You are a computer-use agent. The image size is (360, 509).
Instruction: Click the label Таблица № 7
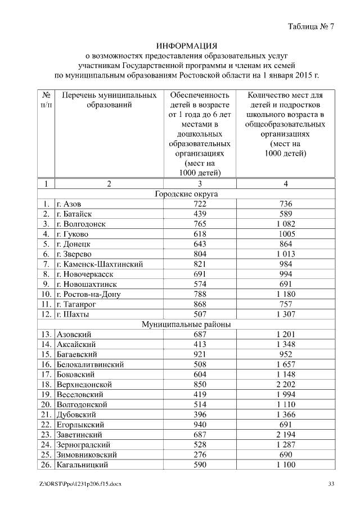(x=310, y=26)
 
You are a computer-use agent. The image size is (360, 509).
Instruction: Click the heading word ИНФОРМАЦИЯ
(x=186, y=45)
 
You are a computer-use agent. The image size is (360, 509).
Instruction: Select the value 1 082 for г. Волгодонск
(x=290, y=224)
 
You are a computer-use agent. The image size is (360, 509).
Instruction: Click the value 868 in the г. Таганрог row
(x=199, y=304)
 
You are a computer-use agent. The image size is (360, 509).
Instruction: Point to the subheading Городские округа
(x=186, y=193)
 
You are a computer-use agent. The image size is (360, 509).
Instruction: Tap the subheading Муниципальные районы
(x=186, y=325)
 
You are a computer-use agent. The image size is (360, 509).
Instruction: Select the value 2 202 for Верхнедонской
(x=290, y=385)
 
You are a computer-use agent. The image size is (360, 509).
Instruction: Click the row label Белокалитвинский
(x=90, y=364)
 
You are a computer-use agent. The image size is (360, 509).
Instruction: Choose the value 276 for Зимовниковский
(x=199, y=455)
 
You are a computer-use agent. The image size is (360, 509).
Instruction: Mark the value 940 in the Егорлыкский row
(x=199, y=425)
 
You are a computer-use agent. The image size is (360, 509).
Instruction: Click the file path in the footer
(x=81, y=485)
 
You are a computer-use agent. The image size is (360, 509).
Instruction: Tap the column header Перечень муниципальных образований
(x=109, y=100)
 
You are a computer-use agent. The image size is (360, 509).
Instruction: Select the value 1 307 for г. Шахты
(x=290, y=314)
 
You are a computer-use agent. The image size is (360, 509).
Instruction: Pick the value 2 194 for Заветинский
(x=290, y=435)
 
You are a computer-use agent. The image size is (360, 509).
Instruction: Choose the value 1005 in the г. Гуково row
(x=290, y=234)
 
